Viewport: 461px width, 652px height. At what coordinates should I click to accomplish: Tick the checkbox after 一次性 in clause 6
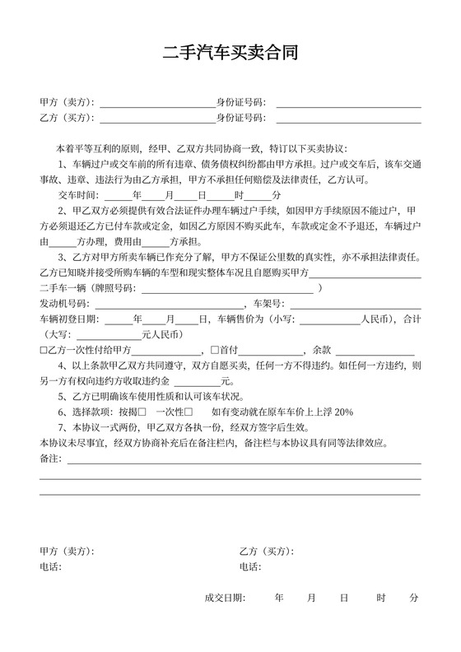pyautogui.click(x=189, y=412)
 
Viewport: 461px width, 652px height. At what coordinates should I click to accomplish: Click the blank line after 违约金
pyautogui.click(x=198, y=381)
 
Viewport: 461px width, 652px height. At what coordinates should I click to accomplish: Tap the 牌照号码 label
pyautogui.click(x=111, y=289)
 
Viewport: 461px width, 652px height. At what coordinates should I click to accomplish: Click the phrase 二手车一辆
pyautogui.click(x=59, y=289)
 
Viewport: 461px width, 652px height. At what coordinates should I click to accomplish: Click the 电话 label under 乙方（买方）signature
pyautogui.click(x=250, y=566)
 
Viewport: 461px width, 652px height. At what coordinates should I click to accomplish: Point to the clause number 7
pyautogui.click(x=61, y=427)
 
